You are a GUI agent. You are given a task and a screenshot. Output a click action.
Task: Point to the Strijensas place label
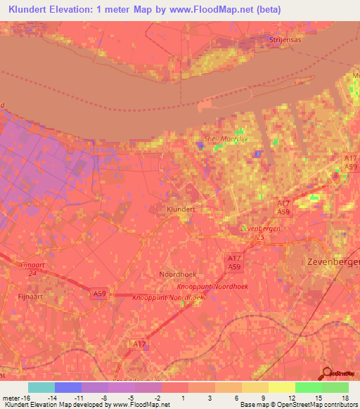point(284,41)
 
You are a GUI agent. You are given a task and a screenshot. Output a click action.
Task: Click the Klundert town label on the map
point(181,209)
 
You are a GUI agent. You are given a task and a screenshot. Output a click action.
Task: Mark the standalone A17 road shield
point(141,344)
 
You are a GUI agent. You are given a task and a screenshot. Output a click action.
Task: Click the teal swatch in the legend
point(41,387)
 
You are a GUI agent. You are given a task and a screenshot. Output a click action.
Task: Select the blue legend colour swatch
point(67,387)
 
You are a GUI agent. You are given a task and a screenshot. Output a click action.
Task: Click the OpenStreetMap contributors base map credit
point(316,405)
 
